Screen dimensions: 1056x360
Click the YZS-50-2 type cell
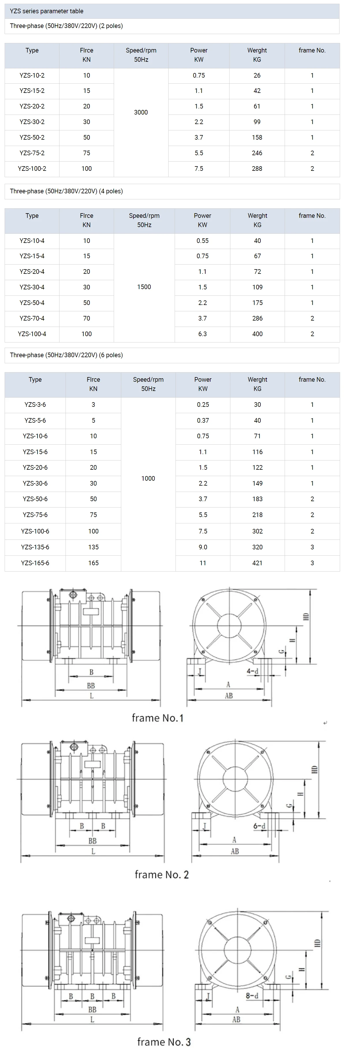point(32,137)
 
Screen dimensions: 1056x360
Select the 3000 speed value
point(141,112)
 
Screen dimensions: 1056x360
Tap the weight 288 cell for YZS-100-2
point(257,168)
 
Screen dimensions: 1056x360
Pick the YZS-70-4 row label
point(32,318)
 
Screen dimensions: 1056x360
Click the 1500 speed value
point(144,287)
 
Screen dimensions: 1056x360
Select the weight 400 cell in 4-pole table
point(257,334)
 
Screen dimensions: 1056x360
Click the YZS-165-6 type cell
point(35,563)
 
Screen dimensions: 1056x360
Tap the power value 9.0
point(203,547)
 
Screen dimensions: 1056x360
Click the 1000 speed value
point(148,478)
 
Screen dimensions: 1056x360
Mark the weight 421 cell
point(257,563)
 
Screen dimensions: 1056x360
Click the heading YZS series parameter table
point(46,11)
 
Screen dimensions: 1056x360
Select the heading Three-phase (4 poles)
point(66,191)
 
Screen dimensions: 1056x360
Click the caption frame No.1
point(157,718)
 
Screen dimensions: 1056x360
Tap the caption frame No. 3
point(164,1042)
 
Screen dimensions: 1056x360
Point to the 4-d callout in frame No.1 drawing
point(252,671)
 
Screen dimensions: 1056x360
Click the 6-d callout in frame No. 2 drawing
point(259,826)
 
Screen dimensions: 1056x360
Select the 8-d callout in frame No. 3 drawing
point(252,995)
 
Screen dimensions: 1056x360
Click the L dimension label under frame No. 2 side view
point(93,851)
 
